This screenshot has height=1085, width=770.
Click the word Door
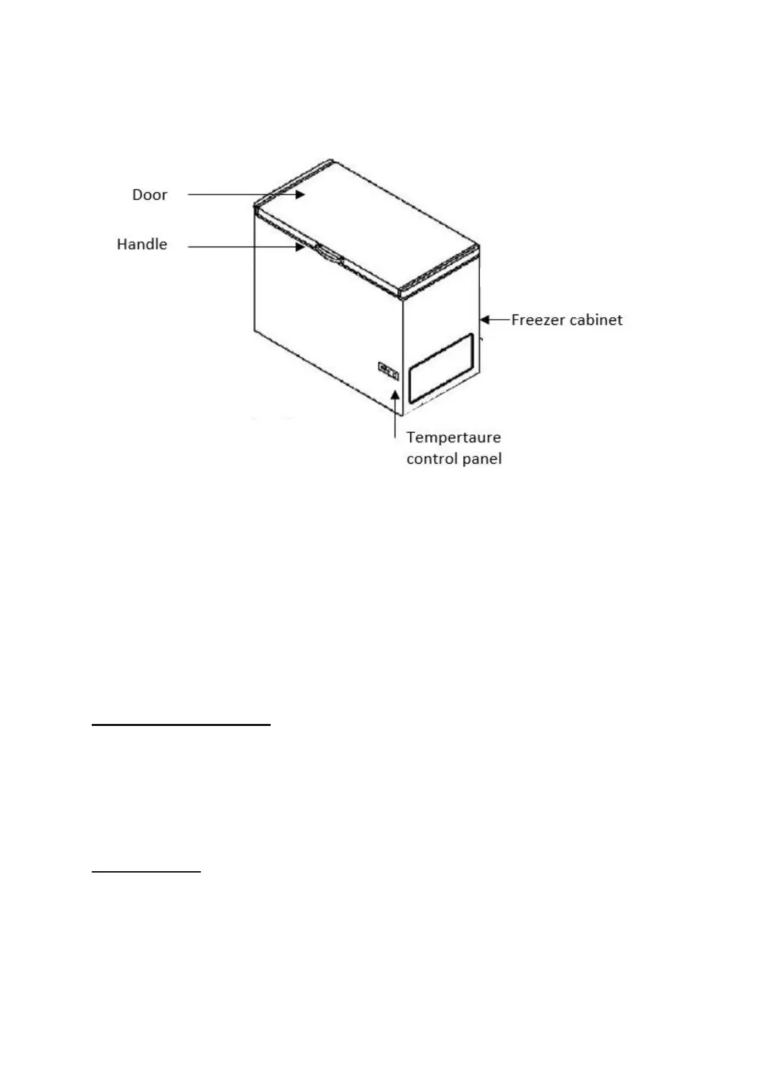(149, 195)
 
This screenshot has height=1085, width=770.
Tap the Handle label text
(141, 244)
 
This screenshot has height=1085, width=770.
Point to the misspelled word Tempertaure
(453, 437)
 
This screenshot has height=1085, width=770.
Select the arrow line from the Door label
(242, 193)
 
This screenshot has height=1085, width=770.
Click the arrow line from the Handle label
(242, 246)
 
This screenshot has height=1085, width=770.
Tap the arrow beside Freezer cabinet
(494, 319)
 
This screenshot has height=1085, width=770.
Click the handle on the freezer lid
(329, 254)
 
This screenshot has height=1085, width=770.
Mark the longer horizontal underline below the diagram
(181, 725)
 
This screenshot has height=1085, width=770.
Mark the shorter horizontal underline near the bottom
(147, 872)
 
